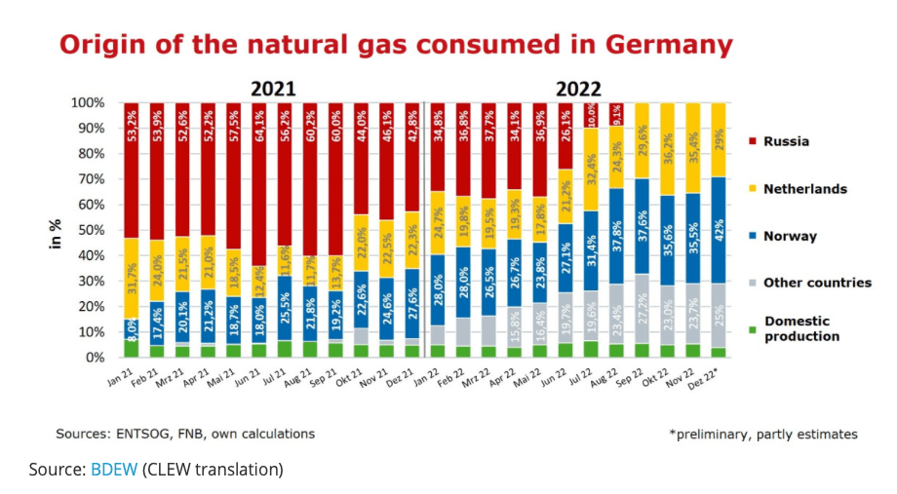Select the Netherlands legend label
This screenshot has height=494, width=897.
(x=804, y=189)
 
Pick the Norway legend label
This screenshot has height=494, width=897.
(x=791, y=236)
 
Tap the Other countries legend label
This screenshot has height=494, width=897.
(x=818, y=283)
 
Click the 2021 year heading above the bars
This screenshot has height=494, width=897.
(x=273, y=88)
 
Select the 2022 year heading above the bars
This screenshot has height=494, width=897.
(x=578, y=88)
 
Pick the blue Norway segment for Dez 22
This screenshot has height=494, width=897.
(x=716, y=230)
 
